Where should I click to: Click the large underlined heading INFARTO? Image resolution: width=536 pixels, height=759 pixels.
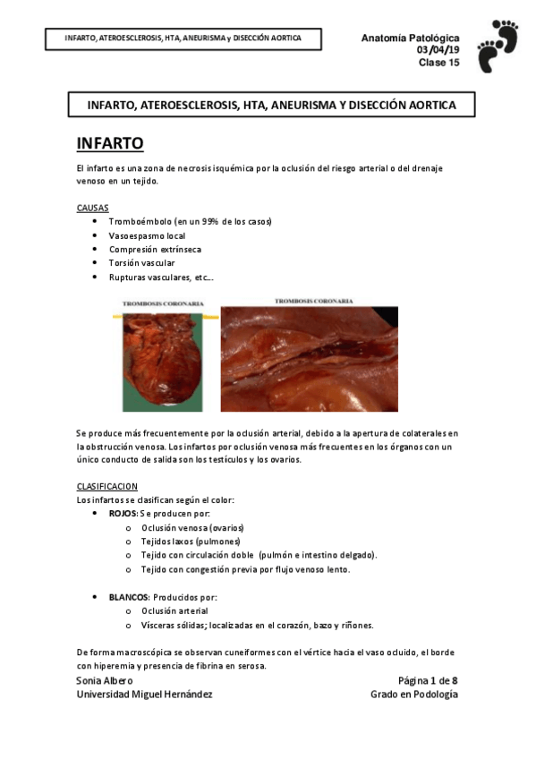tap(110, 144)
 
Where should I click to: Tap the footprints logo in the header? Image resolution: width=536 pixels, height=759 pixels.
tap(498, 46)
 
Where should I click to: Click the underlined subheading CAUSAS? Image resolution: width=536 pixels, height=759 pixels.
tap(93, 207)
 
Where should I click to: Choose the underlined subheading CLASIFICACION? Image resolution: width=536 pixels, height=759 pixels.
tap(107, 486)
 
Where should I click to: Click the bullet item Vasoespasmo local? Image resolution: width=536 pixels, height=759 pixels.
tap(149, 235)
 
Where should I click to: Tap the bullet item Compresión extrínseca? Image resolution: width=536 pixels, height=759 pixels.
tap(155, 249)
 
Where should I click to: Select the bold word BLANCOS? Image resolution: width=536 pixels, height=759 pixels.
tap(129, 597)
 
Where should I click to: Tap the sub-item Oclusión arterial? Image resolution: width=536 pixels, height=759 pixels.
tap(175, 610)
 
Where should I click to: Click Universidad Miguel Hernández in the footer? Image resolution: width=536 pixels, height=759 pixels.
tap(144, 695)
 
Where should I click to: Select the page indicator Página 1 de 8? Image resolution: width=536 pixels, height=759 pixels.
tap(428, 680)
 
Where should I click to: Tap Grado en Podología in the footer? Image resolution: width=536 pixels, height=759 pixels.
tap(414, 695)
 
